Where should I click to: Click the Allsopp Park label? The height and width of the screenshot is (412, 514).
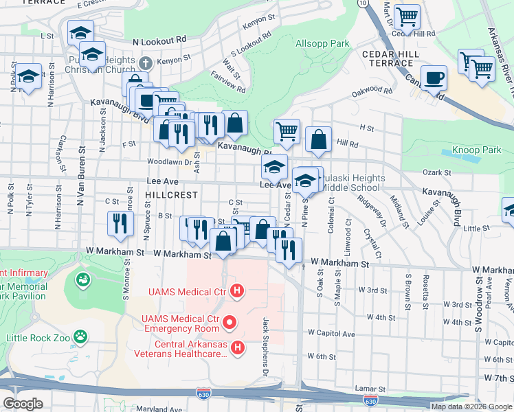[x=322, y=43]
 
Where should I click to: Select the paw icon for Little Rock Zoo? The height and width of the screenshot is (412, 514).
[x=81, y=336]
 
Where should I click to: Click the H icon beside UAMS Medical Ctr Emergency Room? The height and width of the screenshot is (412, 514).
[x=231, y=321]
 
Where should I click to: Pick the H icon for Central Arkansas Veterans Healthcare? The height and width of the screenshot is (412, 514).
[x=238, y=348]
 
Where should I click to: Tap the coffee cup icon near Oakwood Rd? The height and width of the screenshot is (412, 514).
[x=433, y=78]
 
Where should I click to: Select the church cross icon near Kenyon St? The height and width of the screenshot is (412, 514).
[x=144, y=63]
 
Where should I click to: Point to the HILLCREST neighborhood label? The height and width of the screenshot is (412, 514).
[x=172, y=195]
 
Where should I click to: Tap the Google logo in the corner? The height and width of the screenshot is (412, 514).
[x=23, y=403]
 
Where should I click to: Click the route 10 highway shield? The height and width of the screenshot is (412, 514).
[x=362, y=3]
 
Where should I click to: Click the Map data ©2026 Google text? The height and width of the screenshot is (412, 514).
[x=471, y=406]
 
